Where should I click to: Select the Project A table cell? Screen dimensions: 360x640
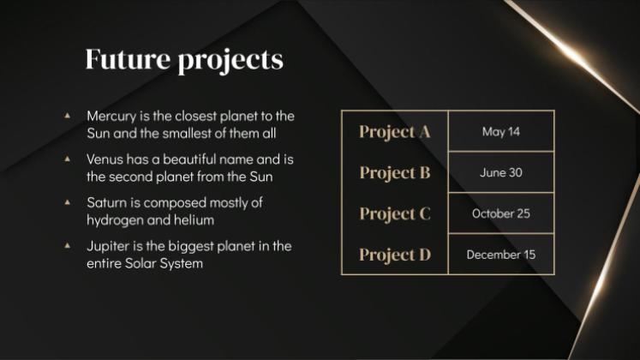pos(394,132)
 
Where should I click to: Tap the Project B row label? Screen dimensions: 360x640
pos(394,172)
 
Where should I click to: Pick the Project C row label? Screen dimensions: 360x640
pos(394,213)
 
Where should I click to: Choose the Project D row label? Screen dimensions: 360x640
pos(394,255)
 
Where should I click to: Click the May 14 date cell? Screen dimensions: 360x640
pos(501,132)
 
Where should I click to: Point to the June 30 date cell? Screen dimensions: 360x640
pos(501,172)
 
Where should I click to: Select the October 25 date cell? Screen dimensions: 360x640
pos(501,213)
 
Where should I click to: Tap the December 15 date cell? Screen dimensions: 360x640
pos(501,255)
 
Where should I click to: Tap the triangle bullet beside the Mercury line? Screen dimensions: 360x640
pos(68,115)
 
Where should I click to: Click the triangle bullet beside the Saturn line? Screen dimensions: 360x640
pos(68,203)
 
